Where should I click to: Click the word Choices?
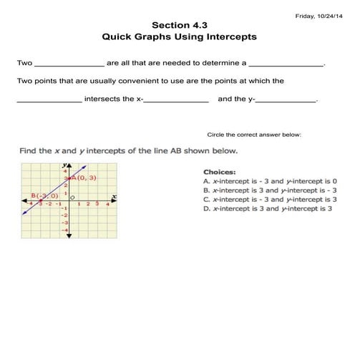click(219, 172)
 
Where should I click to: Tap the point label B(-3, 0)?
click(45, 195)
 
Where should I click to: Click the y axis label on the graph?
click(65, 165)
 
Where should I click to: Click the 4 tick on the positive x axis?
click(107, 204)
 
